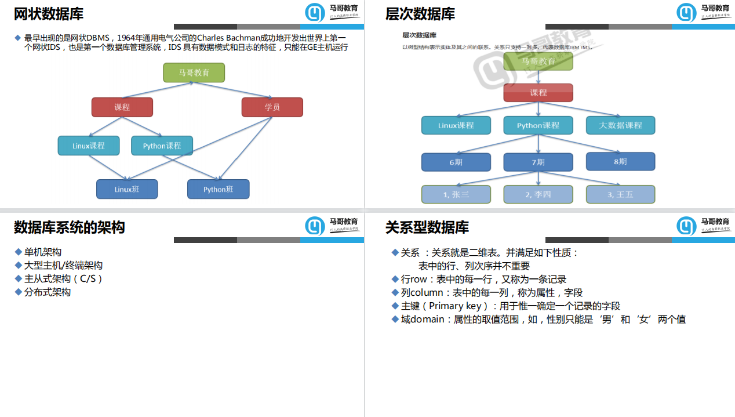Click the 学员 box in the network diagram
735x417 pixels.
(272, 107)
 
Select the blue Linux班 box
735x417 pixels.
(127, 189)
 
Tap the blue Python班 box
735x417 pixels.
(218, 189)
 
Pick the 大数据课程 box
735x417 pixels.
(620, 125)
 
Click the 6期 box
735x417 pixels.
(456, 162)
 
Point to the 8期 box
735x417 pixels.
(620, 161)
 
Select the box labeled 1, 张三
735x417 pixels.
(456, 194)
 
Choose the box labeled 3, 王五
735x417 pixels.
(620, 194)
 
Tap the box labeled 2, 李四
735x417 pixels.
(538, 194)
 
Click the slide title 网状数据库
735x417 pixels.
(49, 14)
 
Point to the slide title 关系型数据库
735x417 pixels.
(427, 227)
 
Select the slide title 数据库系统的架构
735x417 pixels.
(70, 227)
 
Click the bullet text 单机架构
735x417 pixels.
(43, 252)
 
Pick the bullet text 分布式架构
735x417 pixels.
(48, 292)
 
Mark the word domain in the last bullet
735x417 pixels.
(427, 319)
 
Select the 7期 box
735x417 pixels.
(538, 162)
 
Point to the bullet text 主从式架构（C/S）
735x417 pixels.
(63, 279)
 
